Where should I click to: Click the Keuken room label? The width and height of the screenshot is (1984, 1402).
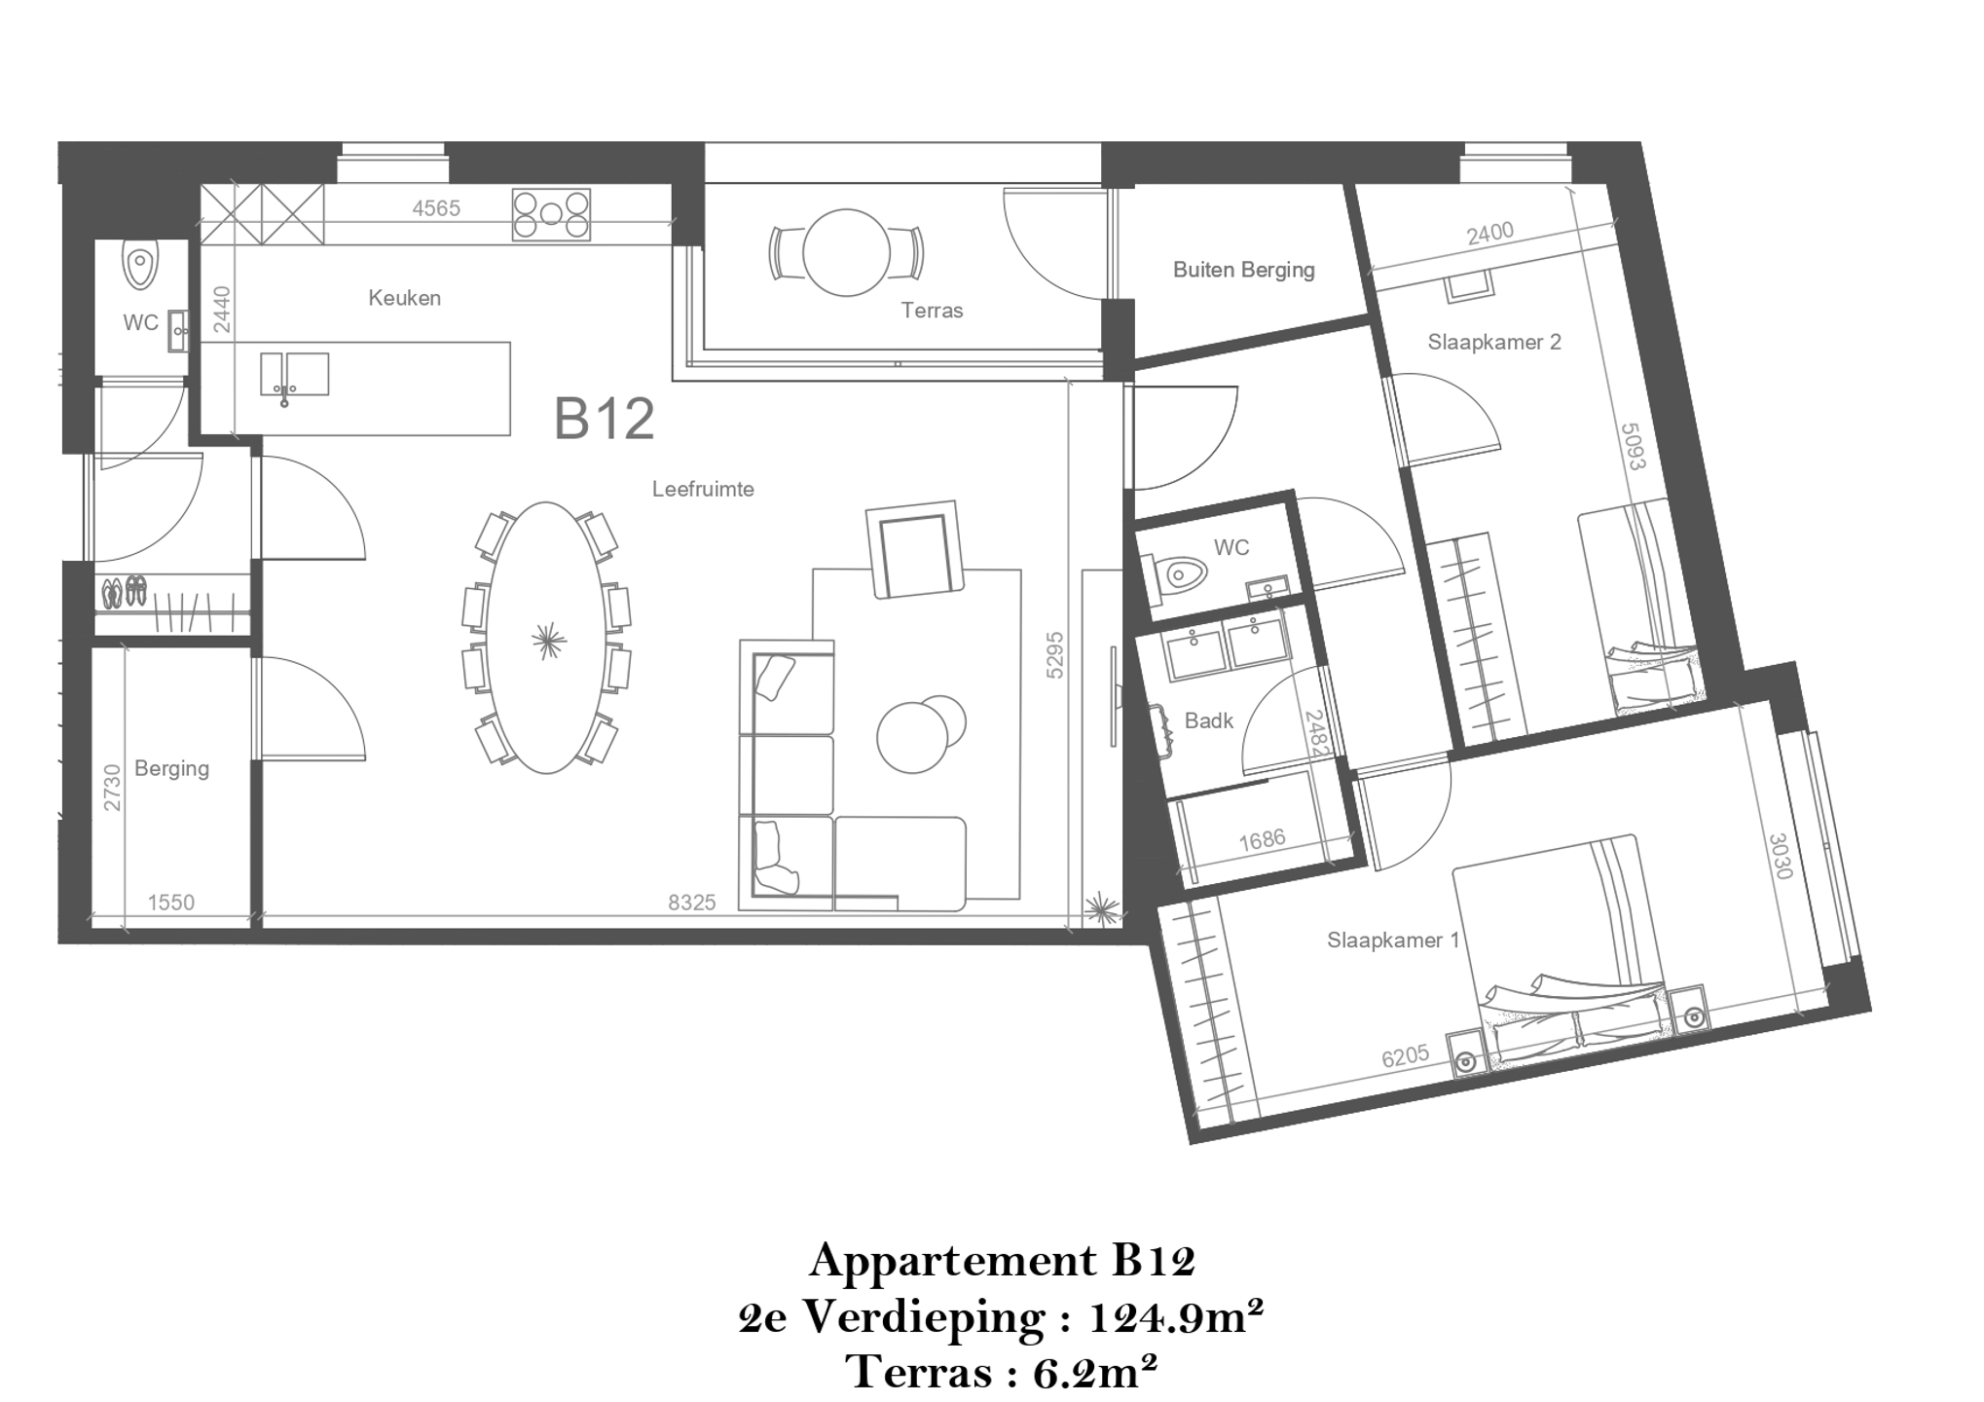coord(404,298)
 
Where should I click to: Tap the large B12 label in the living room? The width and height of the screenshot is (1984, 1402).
coord(604,419)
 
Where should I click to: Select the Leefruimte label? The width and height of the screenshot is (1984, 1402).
coord(703,489)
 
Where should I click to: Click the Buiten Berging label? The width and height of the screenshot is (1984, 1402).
coord(1243,270)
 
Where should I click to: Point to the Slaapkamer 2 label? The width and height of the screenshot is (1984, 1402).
coord(1494,342)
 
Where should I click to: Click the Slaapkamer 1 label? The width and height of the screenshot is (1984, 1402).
coord(1393,940)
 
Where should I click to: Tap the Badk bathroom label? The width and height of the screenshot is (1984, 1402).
coord(1208,720)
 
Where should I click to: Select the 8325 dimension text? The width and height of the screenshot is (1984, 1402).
coord(691,903)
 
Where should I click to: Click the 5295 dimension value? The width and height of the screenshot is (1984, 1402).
coord(1054,655)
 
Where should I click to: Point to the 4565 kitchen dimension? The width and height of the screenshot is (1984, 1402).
coord(436,208)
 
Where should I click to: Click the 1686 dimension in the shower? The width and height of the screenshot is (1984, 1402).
coord(1262,839)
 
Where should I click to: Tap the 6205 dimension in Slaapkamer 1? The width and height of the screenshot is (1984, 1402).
coord(1405,1056)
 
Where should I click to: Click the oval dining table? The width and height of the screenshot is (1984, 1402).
coord(546,638)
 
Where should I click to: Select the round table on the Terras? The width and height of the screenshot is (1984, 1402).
coord(846,252)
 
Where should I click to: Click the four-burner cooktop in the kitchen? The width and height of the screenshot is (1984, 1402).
coord(551,214)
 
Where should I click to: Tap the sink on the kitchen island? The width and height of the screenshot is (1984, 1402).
coord(294,375)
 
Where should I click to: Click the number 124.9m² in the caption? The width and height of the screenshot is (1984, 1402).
coord(1176,1317)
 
